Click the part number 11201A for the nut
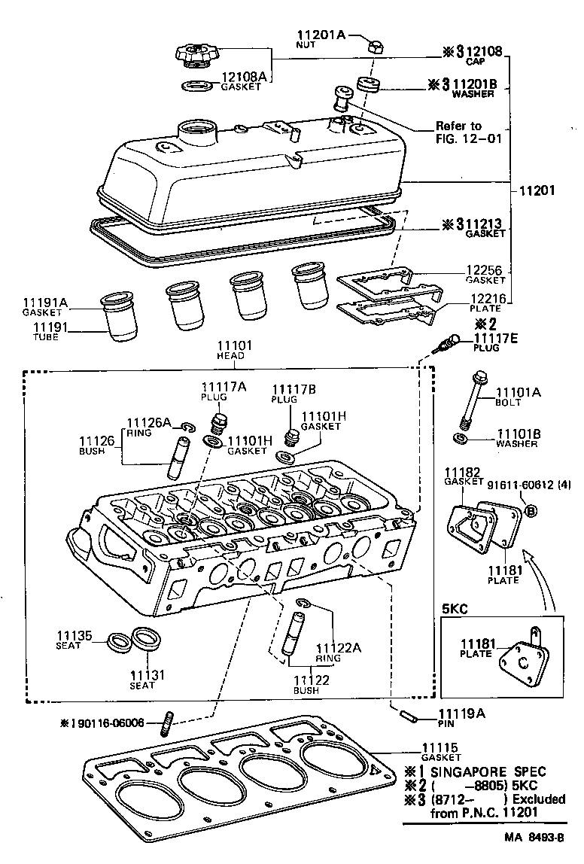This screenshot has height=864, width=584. (x=320, y=35)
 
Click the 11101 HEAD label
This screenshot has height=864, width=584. (x=235, y=350)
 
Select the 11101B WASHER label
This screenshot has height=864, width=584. (x=516, y=438)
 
